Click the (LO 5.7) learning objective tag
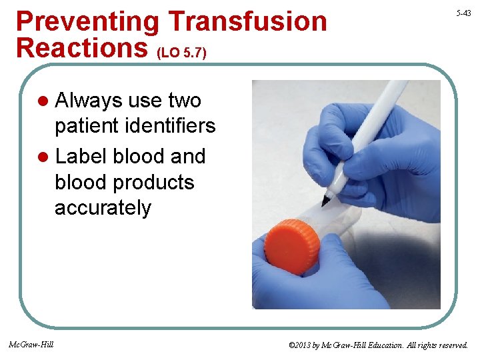point(185,52)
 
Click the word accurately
point(103,208)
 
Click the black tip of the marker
point(327,199)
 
